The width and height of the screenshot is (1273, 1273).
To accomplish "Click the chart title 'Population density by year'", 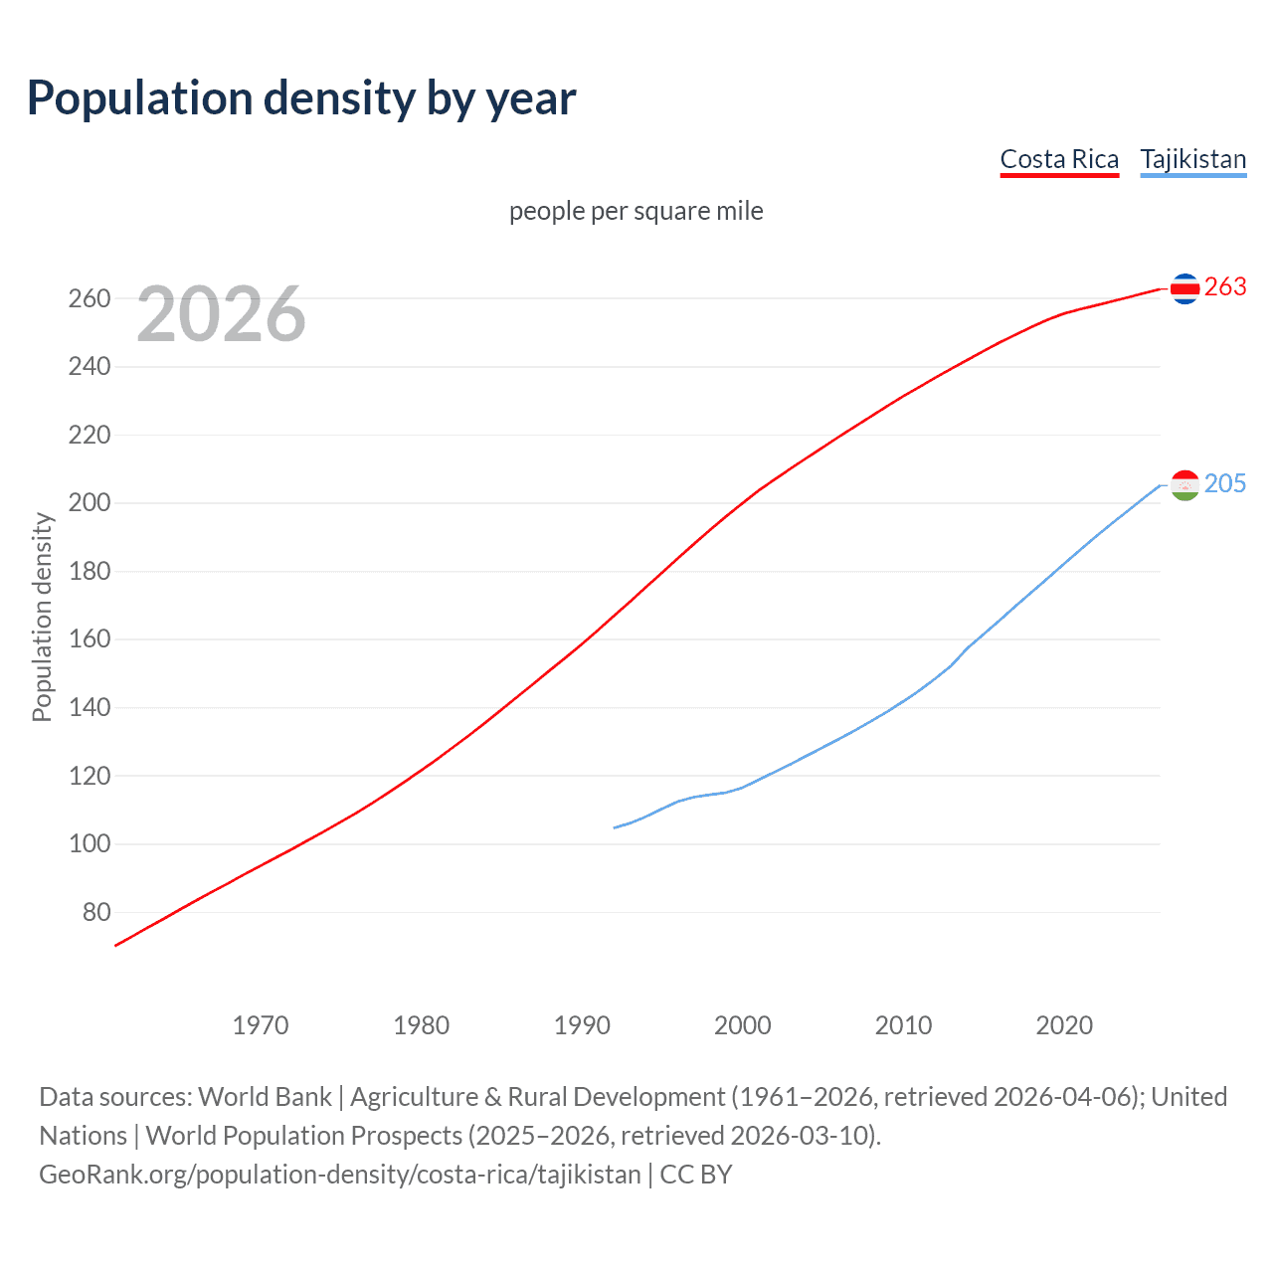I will (301, 98).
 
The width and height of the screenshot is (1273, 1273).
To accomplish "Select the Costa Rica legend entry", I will (1059, 159).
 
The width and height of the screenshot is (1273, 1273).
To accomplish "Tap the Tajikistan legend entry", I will (1192, 159).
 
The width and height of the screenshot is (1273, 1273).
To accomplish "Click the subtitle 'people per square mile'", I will (636, 211).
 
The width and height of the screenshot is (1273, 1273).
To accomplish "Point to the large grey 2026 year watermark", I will (221, 314).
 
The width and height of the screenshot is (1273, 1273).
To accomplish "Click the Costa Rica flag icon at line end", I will (1184, 288).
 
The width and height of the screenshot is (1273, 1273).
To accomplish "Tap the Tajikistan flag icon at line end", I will (1184, 485).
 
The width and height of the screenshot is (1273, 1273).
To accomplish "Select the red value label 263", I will (1225, 287).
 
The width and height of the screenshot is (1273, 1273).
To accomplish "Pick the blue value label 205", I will (1225, 484).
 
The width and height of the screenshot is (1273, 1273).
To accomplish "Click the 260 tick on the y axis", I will (90, 298).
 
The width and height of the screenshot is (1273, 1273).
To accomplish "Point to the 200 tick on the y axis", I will (90, 503).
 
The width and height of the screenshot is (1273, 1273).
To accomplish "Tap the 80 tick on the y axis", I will (95, 912).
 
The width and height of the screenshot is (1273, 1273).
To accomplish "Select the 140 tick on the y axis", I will (90, 708).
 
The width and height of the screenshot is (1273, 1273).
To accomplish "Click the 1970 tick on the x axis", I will (261, 1025).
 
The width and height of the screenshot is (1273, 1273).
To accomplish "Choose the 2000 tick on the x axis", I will (743, 1025).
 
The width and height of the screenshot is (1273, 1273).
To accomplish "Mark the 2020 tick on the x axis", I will (1064, 1025).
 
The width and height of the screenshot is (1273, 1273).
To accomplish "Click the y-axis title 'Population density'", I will (42, 617).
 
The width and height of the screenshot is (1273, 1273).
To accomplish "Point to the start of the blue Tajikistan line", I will (616, 827).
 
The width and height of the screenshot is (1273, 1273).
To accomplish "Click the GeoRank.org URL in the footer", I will (340, 1175).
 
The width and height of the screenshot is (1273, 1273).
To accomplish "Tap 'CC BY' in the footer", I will (696, 1175).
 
